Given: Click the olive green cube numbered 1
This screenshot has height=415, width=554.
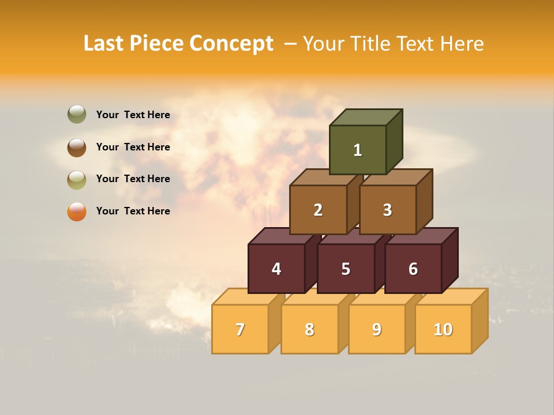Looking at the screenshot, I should (x=358, y=150).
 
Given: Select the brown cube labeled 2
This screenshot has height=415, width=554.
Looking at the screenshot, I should (x=318, y=210).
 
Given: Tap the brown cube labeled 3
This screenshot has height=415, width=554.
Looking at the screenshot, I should (x=387, y=210).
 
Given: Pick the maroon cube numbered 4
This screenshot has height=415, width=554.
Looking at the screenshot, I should (x=276, y=269).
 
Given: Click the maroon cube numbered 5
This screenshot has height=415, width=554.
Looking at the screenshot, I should (x=346, y=269).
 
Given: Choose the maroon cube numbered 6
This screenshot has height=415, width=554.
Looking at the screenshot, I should (x=413, y=269).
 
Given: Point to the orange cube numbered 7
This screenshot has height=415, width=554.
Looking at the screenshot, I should (x=240, y=329).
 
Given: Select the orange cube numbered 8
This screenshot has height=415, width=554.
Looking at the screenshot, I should (x=309, y=329).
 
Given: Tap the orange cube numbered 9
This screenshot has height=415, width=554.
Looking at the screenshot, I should (x=377, y=329).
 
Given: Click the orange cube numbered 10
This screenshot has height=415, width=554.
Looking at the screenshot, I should (x=443, y=329).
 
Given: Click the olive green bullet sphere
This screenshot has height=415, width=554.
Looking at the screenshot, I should (x=77, y=114).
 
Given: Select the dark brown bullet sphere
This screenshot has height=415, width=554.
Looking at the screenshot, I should (x=77, y=147).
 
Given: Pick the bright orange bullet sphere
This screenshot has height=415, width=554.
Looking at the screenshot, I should (x=77, y=211).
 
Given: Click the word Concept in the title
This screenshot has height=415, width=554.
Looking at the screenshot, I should (x=231, y=44).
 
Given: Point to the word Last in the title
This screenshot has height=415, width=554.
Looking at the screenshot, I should (x=104, y=44).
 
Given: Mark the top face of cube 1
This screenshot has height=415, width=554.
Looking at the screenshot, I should (x=366, y=117).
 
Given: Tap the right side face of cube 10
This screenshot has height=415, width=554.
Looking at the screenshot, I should (x=480, y=320).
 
